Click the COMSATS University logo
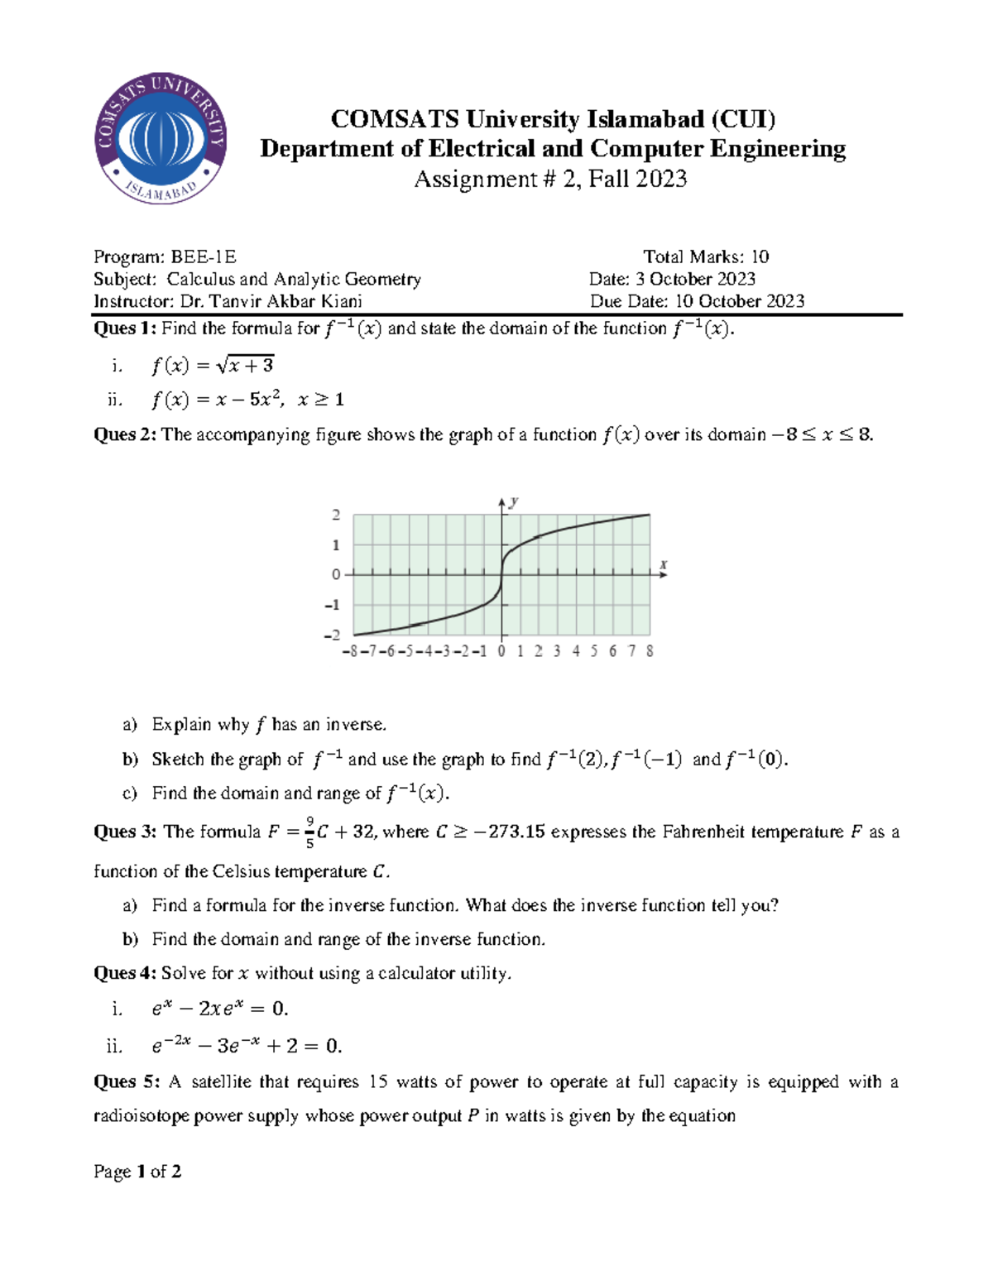coord(161,138)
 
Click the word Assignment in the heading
coord(475,180)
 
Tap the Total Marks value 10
coord(760,257)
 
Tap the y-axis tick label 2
coord(336,515)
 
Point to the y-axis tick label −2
coord(333,635)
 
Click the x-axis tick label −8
coord(350,651)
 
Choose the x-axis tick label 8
coord(650,651)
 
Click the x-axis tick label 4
coord(576,651)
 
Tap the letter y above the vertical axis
coord(514,501)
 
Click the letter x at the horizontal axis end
coord(664,564)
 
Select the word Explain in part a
coord(181,725)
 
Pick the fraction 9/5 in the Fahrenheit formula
coord(309,832)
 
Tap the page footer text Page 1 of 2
coord(137,1172)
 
